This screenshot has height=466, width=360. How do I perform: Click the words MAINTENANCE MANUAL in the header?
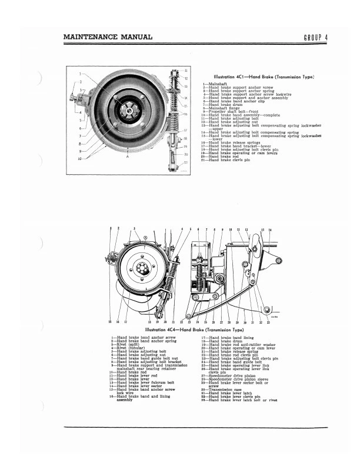tap(108, 38)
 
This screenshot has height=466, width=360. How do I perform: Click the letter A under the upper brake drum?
tap(127, 158)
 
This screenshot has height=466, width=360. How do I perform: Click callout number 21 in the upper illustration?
tap(186, 162)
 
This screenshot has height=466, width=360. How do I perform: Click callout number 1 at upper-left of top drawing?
tap(78, 74)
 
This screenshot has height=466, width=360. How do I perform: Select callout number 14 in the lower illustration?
tap(270, 229)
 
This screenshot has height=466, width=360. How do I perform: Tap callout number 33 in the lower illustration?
tap(268, 322)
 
